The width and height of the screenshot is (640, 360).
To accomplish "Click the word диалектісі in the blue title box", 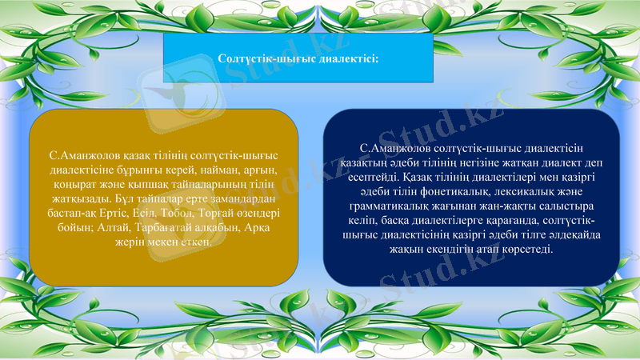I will pos(348,58).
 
